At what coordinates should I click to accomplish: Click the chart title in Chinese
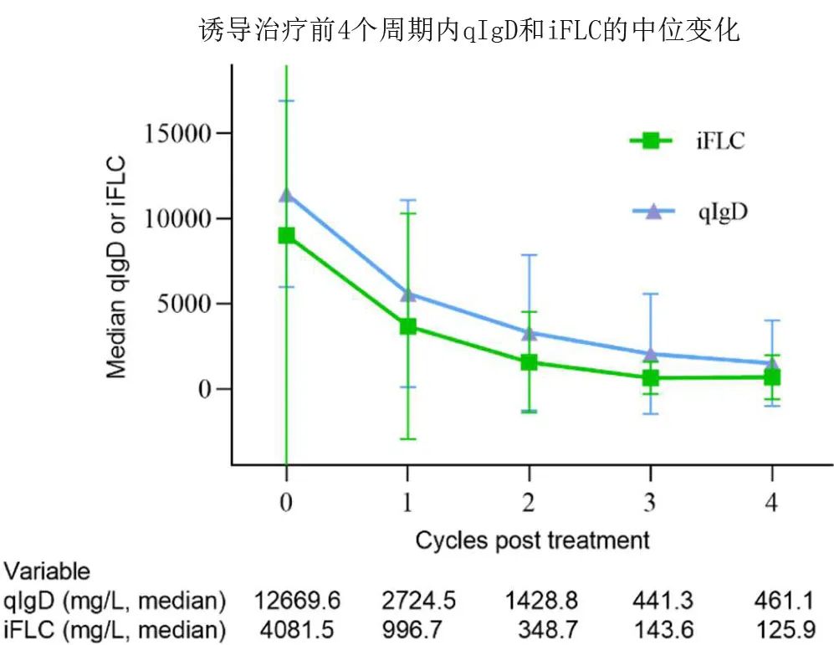coord(469,31)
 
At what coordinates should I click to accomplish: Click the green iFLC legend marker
coord(651,141)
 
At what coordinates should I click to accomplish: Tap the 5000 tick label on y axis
coord(186,304)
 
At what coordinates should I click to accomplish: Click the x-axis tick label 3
coord(651,502)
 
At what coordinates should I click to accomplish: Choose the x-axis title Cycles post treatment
coord(532,540)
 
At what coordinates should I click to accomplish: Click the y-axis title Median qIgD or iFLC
coord(117,266)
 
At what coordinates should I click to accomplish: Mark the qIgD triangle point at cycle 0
coord(287,195)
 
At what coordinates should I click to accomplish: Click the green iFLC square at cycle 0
coord(287,236)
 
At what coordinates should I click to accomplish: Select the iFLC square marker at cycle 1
coord(408,326)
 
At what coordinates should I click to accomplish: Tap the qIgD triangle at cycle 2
coord(529,333)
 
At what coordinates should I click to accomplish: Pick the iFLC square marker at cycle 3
coord(651,378)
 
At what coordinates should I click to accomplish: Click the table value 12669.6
coord(298,601)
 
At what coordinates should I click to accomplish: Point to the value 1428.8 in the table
coord(536,601)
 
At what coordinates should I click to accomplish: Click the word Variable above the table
coord(47,572)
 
